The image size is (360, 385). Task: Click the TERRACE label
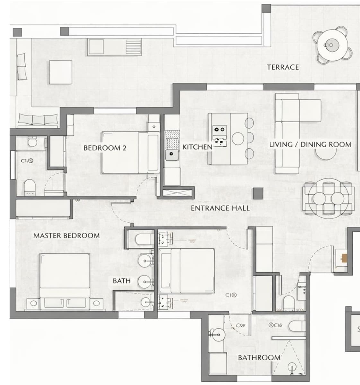coord(283,67)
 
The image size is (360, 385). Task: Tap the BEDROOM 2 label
coord(105,148)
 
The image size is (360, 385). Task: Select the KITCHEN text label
coord(197,147)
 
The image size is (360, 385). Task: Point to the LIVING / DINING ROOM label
coord(310,144)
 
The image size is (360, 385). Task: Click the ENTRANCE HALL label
coord(220,208)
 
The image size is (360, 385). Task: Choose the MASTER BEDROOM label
coord(66,235)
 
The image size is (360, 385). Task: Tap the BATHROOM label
coord(259,357)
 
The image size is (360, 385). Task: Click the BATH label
coord(122,281)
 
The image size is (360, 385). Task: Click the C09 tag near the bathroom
coord(241,325)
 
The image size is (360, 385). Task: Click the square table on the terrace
coord(61,72)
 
